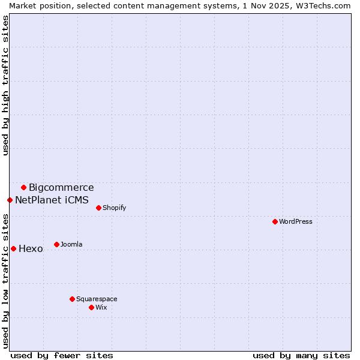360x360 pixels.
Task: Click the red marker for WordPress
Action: pos(275,221)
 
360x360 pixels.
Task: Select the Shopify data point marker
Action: pos(98,208)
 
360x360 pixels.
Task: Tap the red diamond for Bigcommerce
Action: pos(23,187)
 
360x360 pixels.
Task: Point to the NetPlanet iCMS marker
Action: pos(10,200)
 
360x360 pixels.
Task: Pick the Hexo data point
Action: pos(13,248)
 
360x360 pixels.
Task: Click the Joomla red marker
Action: pos(56,244)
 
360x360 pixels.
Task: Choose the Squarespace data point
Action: pos(72,299)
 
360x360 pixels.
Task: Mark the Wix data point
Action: pos(91,307)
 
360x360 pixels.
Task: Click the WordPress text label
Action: pos(296,221)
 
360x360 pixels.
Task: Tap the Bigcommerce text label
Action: pos(61,188)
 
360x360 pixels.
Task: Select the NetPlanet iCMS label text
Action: pos(52,200)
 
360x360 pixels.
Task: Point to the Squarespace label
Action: pos(97,299)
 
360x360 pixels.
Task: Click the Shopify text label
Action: pos(114,208)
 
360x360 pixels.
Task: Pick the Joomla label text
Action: pos(71,244)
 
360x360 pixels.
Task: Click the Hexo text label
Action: pos(31,249)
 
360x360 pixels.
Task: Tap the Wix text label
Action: pos(101,307)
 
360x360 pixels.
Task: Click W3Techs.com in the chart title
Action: pos(321,5)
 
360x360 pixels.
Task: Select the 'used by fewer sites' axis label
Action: pos(62,355)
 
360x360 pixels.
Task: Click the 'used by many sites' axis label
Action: pos(301,355)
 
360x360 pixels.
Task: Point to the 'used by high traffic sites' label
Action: pos(6,85)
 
